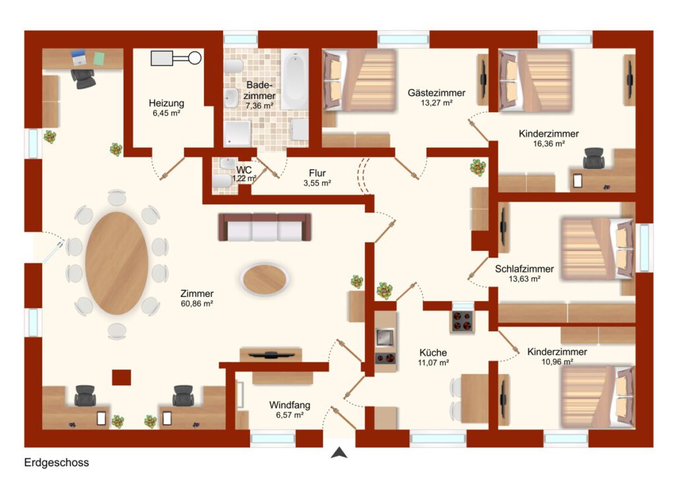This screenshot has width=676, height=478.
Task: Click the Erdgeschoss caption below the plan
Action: (57, 462)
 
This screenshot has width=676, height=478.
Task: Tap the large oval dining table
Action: (117, 263)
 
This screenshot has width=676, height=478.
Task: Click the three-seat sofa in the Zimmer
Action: (265, 227)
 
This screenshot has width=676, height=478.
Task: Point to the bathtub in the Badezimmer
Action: (295, 79)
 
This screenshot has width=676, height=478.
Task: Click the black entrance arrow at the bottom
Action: (339, 452)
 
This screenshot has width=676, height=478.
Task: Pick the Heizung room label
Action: (166, 103)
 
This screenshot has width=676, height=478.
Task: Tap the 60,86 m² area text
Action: (197, 304)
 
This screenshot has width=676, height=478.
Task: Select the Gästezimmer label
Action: (437, 92)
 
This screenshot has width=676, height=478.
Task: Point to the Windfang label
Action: (290, 405)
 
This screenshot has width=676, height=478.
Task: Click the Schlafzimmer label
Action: (524, 269)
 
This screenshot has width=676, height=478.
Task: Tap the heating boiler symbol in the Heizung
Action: (176, 57)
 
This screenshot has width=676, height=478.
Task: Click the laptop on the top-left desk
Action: (79, 57)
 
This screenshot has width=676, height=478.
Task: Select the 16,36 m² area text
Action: (549, 144)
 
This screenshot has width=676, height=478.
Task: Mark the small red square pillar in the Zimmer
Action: (121, 377)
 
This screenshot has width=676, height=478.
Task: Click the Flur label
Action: (318, 173)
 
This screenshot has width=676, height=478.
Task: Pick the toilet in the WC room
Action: (222, 181)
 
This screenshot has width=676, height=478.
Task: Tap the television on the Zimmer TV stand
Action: (271, 355)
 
